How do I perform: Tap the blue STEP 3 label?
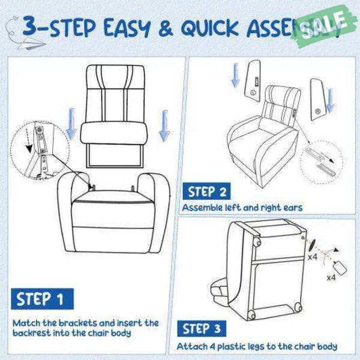pos(203,329)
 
